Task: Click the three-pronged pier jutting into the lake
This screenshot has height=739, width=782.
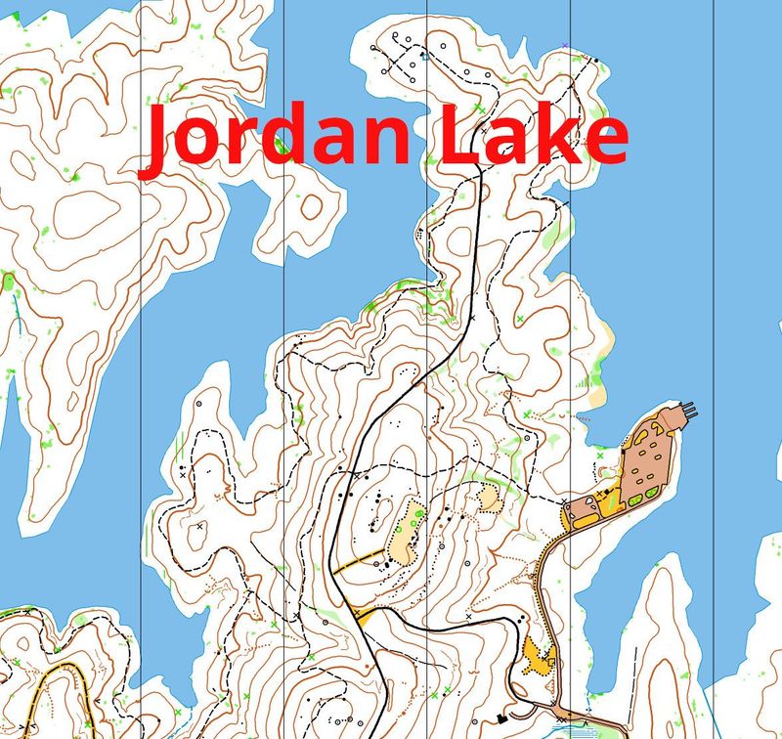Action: point(687,412)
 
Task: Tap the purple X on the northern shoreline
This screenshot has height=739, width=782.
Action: point(566,45)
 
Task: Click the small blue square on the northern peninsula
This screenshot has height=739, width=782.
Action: point(424,56)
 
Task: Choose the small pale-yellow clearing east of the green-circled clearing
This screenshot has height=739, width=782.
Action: point(487,500)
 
